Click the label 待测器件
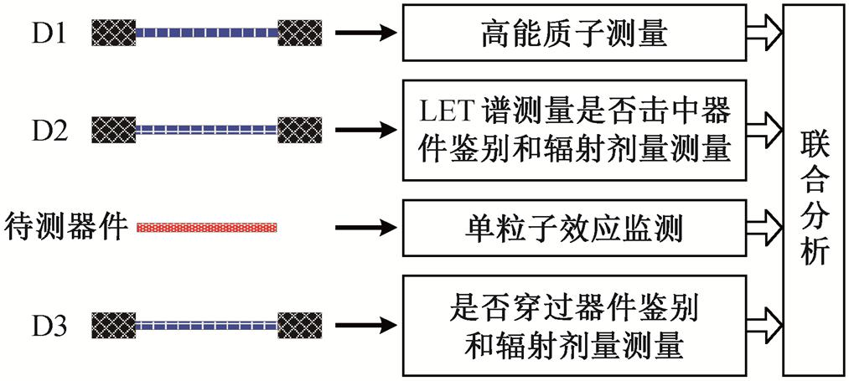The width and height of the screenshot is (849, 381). point(66,226)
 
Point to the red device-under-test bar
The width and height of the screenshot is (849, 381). point(206,226)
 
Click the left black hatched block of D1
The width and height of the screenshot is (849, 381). point(114,33)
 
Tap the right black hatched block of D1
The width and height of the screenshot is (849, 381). point(299,33)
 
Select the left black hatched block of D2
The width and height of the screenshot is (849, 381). point(114,130)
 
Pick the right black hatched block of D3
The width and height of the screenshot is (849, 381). point(299,323)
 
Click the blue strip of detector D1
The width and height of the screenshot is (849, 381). point(206,33)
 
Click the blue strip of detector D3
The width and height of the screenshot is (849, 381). point(206,323)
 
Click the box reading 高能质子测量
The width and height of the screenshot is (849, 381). point(573,33)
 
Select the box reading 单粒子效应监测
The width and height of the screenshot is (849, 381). point(573,226)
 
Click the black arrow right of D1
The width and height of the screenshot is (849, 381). point(364,33)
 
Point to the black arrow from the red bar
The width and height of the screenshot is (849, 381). point(364,226)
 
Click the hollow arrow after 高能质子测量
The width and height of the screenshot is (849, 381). point(764,33)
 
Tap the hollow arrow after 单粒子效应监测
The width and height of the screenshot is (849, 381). point(764,226)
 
